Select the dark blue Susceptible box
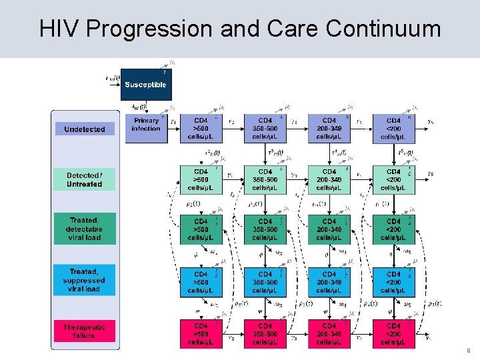(144, 85)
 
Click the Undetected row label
(85, 129)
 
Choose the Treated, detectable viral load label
(85, 229)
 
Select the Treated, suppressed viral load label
(85, 280)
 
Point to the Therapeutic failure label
(85, 331)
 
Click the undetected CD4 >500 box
(201, 129)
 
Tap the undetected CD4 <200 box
(393, 129)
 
